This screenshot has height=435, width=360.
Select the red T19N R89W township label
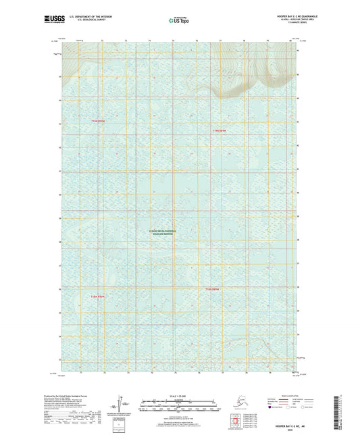pos(99,121)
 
